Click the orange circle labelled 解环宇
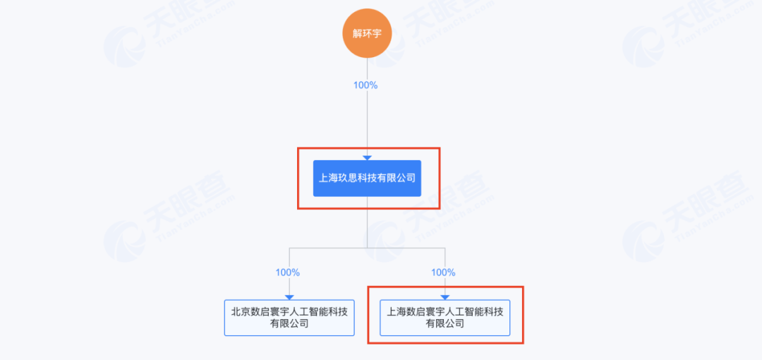[x=367, y=33]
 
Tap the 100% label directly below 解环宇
[x=365, y=85]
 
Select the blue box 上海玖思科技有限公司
[x=367, y=178]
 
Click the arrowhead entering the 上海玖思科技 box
[x=367, y=157]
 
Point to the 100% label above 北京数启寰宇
[x=288, y=272]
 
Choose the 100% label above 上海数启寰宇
[x=443, y=272]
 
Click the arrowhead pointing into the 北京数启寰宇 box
[x=289, y=297]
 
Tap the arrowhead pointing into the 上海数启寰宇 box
[x=445, y=297]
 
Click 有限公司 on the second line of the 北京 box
[x=289, y=324]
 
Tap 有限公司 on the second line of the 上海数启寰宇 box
[x=445, y=324]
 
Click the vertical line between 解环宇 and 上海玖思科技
[x=367, y=120]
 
